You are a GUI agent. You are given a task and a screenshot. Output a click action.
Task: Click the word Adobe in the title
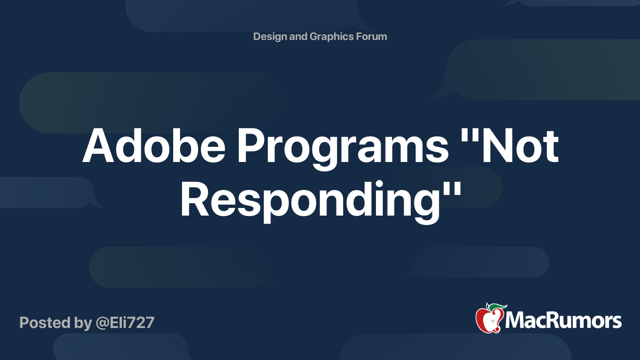pyautogui.click(x=154, y=146)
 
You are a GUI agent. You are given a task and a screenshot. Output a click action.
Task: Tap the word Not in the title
pyautogui.click(x=520, y=146)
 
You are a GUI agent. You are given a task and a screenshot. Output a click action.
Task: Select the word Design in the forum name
pyautogui.click(x=270, y=37)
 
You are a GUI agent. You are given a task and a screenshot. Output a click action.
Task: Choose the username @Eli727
pyautogui.click(x=125, y=323)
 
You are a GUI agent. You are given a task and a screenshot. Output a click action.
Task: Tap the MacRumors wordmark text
pyautogui.click(x=563, y=320)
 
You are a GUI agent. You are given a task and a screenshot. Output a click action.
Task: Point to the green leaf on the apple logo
pyautogui.click(x=496, y=307)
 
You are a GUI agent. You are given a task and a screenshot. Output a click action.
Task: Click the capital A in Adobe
pyautogui.click(x=98, y=146)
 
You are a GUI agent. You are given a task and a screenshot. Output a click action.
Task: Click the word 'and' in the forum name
pyautogui.click(x=298, y=37)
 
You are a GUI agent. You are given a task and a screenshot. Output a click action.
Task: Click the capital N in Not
pyautogui.click(x=498, y=146)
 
